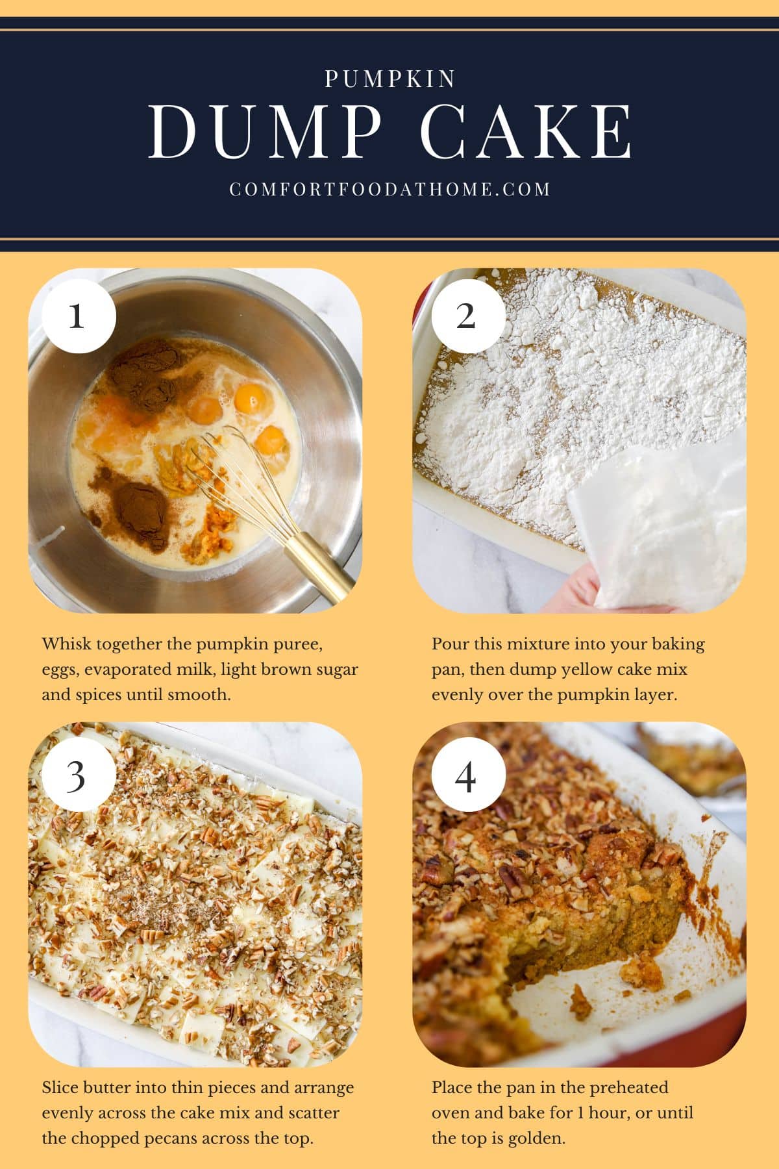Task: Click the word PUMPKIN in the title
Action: [x=389, y=79]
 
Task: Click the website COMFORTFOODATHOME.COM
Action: [x=389, y=189]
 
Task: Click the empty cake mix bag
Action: [x=656, y=526]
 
